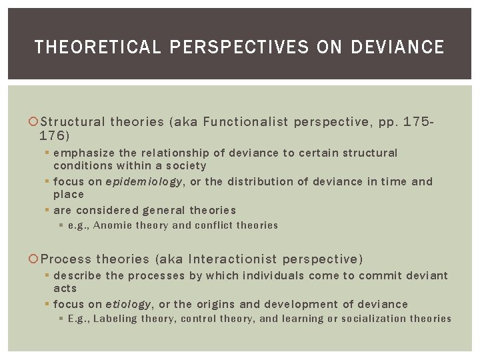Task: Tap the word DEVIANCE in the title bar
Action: [x=397, y=47]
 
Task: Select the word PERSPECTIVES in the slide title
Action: [x=240, y=47]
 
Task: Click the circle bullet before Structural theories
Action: [x=35, y=122]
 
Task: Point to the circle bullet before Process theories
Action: [x=35, y=259]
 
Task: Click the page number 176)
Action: [x=54, y=135]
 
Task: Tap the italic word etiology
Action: [x=128, y=304]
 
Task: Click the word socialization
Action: [x=374, y=319]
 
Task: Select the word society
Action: [x=187, y=165]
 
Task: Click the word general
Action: [x=164, y=210]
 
